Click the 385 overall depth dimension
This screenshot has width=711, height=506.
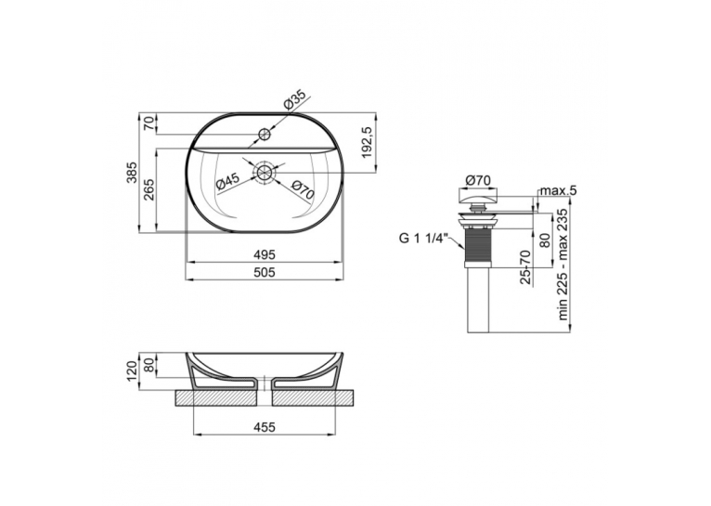click(131, 173)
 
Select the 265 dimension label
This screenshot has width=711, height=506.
click(149, 190)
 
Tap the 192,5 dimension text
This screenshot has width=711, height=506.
click(368, 142)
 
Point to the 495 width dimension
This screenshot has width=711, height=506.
click(265, 254)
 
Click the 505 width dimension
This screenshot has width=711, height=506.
click(265, 272)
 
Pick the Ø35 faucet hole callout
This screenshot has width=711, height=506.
click(295, 100)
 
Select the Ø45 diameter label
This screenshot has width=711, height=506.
click(227, 181)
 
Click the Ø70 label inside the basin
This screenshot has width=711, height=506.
click(303, 189)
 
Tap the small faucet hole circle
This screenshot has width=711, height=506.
click(264, 134)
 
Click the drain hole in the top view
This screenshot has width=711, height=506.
click(264, 173)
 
